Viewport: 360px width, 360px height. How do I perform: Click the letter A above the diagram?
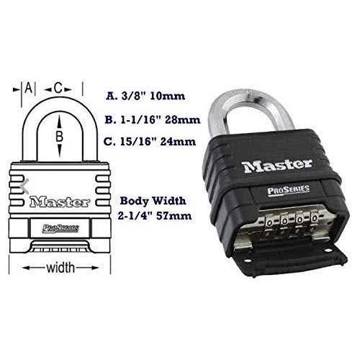pos(29,88)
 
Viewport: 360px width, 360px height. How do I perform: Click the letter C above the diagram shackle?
pos(58,88)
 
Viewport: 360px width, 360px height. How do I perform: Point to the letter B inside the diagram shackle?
pos(59,136)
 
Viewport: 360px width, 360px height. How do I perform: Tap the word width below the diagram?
pos(60,268)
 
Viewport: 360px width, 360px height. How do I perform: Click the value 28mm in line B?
pos(183,120)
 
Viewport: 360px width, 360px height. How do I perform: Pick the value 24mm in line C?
pos(178,141)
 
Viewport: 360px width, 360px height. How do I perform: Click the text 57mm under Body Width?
pos(174,216)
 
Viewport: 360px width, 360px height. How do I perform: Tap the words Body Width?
pos(153,201)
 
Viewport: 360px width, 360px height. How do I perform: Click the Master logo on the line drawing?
pos(60,202)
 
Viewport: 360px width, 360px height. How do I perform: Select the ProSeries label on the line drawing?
pos(60,228)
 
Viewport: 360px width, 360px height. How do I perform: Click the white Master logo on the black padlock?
pos(277,166)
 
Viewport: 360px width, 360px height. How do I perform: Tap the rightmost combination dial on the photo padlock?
pos(315,218)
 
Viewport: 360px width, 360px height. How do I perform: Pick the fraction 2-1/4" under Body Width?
pos(135,216)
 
